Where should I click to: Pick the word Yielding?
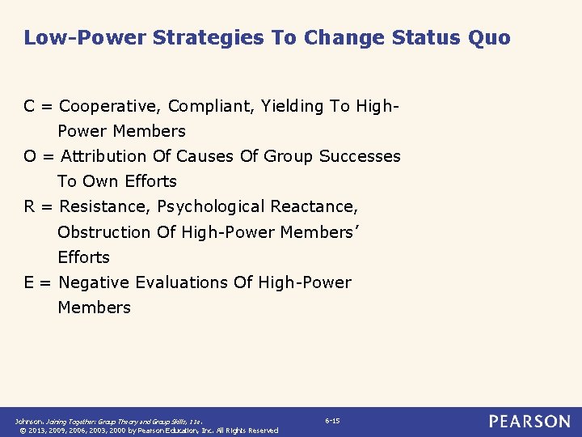[x=291, y=106]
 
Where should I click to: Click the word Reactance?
[x=315, y=206]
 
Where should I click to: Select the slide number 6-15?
[x=332, y=421]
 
